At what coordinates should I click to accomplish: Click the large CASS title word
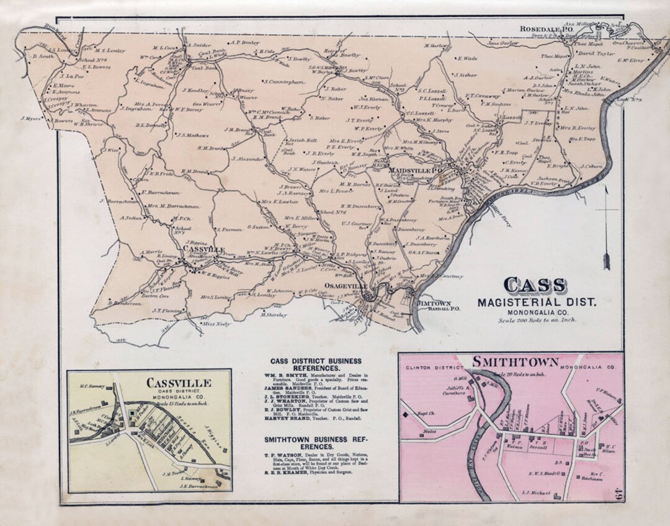pos(534,285)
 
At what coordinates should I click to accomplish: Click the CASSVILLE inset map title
pos(180,382)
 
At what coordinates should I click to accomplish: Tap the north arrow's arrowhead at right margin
pos(606,261)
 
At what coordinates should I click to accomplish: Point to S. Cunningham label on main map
pos(285,81)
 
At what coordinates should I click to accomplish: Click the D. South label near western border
pos(43,56)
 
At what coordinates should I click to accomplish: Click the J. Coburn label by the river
pos(591,166)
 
